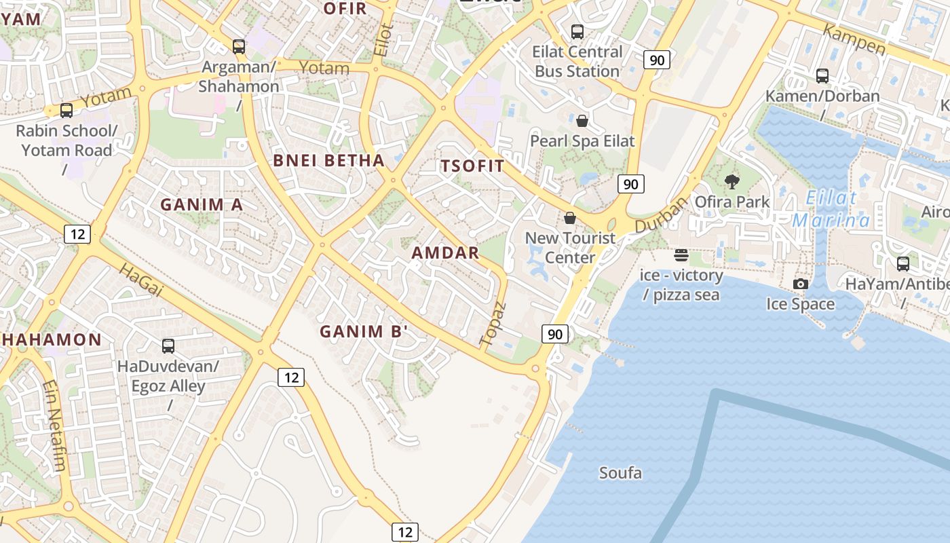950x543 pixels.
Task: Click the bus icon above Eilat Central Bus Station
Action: [x=577, y=31]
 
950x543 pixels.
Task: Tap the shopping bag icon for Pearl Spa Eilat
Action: [x=582, y=121]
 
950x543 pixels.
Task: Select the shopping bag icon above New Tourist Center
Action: [x=570, y=218]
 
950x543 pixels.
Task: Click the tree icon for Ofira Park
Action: [x=732, y=181]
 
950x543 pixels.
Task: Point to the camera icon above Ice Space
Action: [x=801, y=284]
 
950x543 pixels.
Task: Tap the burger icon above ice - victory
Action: [x=681, y=256]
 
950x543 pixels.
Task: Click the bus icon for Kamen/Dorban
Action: [x=822, y=76]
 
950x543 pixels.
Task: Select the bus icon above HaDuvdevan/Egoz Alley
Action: [x=168, y=346]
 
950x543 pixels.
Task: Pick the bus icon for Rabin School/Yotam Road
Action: [x=66, y=111]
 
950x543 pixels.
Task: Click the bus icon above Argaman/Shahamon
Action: [x=239, y=47]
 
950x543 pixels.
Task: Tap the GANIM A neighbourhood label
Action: [x=201, y=204]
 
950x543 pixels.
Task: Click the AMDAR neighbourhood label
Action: [x=446, y=253]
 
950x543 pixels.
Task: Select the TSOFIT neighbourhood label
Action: [x=473, y=166]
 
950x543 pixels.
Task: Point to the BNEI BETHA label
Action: [x=328, y=161]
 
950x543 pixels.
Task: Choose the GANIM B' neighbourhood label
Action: [x=364, y=332]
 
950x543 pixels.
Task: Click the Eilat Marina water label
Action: [x=831, y=209]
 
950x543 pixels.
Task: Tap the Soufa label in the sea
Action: [x=620, y=473]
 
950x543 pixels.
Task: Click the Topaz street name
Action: [x=493, y=324]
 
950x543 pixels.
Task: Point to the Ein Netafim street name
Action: [x=55, y=425]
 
